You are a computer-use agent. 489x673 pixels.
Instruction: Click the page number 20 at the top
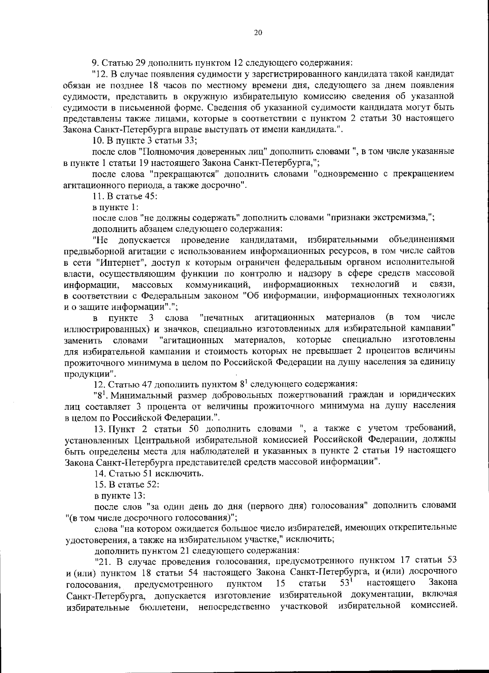[258, 33]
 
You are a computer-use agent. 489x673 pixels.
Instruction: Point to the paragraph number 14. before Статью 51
[99, 474]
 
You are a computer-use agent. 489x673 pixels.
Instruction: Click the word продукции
[88, 373]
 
